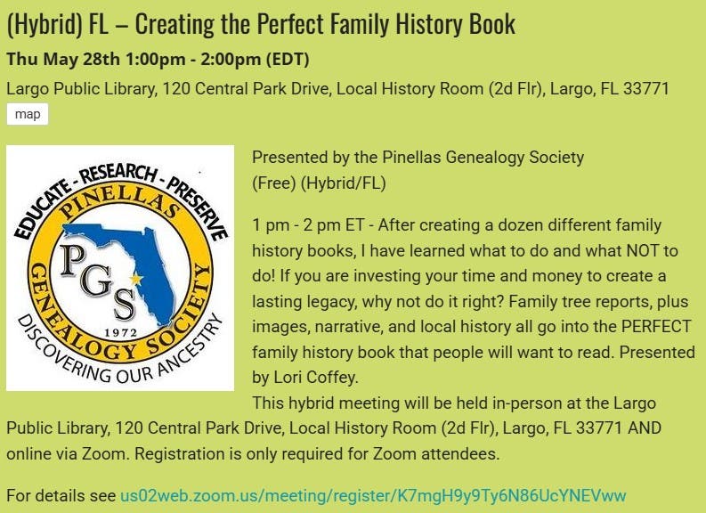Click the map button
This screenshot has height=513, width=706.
(x=28, y=114)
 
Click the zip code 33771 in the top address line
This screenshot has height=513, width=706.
(x=647, y=89)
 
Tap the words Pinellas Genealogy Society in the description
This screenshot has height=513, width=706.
(x=483, y=158)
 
